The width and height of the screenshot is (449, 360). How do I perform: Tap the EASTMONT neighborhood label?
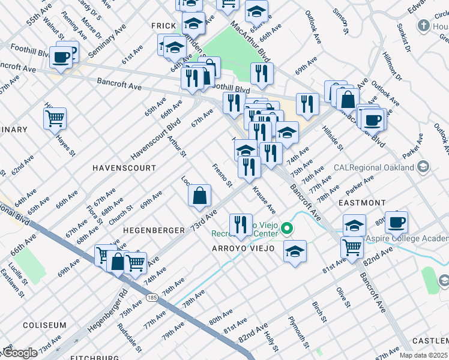coord(362,203)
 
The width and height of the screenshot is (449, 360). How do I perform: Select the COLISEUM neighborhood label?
coord(44,325)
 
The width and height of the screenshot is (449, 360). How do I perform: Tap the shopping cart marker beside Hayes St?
coord(55,118)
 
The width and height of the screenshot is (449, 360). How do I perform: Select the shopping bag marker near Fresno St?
coord(199,196)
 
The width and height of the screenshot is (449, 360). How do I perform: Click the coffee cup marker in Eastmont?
coord(396,222)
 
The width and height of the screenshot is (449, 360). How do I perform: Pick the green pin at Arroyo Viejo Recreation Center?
coord(288,228)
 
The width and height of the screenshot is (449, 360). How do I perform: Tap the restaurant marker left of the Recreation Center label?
coord(241,224)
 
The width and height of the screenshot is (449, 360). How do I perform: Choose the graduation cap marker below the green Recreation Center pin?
coord(295,251)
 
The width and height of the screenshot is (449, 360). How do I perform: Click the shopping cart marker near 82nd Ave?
coord(352,246)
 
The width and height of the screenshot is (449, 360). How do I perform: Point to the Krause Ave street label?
coord(264,200)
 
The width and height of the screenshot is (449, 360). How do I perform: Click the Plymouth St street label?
coord(298,332)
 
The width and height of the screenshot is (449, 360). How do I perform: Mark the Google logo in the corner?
coord(20,353)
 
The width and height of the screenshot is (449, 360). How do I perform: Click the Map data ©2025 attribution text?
coord(424,355)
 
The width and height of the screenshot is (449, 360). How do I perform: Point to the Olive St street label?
coord(342,297)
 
